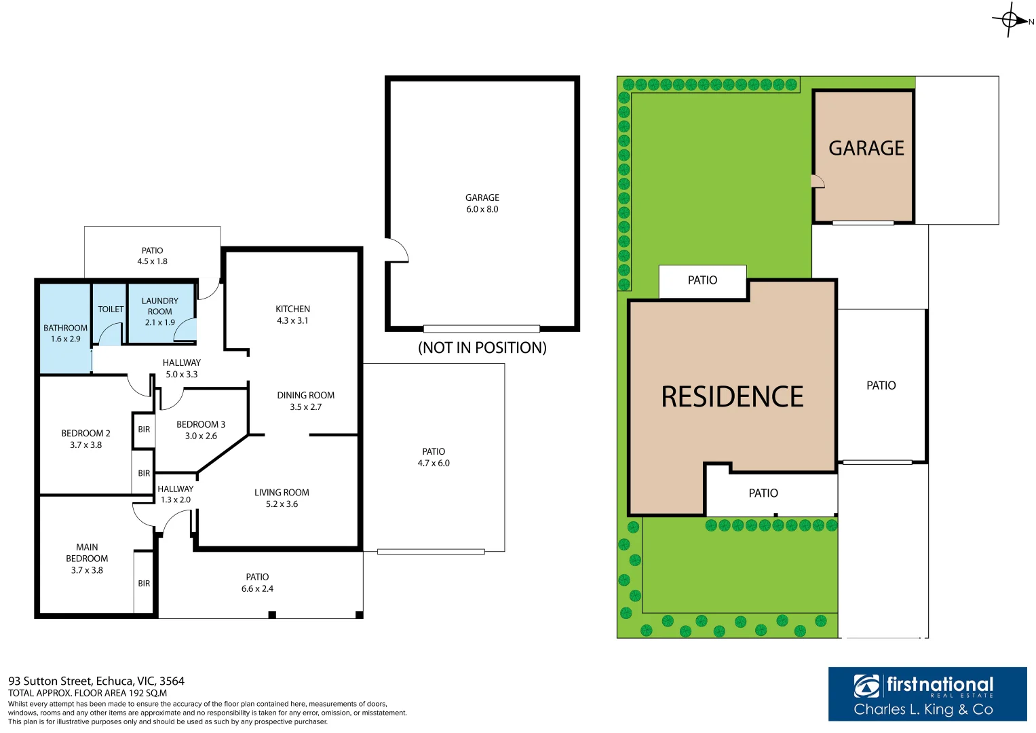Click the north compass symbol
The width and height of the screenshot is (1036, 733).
pyautogui.click(x=1010, y=20)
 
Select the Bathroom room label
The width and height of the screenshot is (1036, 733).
pyautogui.click(x=65, y=328)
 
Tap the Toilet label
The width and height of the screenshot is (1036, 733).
pyautogui.click(x=111, y=309)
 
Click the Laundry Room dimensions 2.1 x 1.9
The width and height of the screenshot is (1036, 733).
pyautogui.click(x=159, y=322)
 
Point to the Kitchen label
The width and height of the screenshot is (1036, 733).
pyautogui.click(x=292, y=309)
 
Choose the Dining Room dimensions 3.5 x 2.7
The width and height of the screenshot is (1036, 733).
pyautogui.click(x=305, y=407)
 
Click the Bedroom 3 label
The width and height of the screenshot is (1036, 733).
pyautogui.click(x=201, y=424)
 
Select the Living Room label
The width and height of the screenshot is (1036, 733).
pyautogui.click(x=282, y=493)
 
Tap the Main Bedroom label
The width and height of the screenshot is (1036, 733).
pyautogui.click(x=87, y=552)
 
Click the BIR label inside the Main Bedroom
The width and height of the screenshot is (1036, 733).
pyautogui.click(x=144, y=583)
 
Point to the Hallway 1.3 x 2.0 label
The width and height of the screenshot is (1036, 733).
pyautogui.click(x=175, y=494)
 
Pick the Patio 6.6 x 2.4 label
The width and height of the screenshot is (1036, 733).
pyautogui.click(x=257, y=582)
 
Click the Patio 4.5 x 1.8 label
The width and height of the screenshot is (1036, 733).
pyautogui.click(x=152, y=256)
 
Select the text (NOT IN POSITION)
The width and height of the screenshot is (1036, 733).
pyautogui.click(x=482, y=347)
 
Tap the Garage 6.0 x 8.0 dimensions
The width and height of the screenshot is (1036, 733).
pyautogui.click(x=482, y=209)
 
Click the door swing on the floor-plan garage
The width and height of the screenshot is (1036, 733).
pyautogui.click(x=397, y=250)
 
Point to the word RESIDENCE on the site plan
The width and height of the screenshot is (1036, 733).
pyautogui.click(x=732, y=397)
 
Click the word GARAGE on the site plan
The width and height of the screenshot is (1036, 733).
pyautogui.click(x=866, y=148)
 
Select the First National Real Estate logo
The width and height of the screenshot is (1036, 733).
pyautogui.click(x=927, y=693)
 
